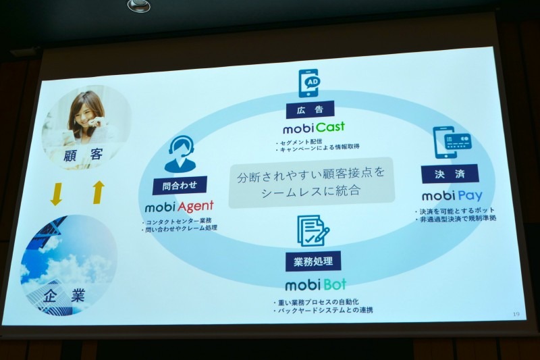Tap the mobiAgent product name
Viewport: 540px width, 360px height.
(x=179, y=206)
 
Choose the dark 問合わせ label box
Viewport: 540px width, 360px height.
(x=180, y=184)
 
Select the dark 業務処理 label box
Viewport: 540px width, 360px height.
(x=313, y=261)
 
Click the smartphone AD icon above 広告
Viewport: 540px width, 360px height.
(x=309, y=83)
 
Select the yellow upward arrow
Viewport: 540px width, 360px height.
(x=98, y=192)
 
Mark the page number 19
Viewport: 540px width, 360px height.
(x=516, y=315)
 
